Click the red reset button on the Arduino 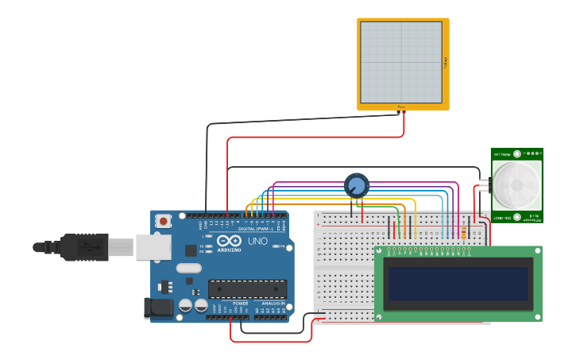pyautogui.click(x=163, y=221)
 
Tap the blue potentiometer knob pyautogui.click(x=357, y=186)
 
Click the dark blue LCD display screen pyautogui.click(x=458, y=283)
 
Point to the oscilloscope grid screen pyautogui.click(x=401, y=62)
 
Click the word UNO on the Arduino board pyautogui.click(x=257, y=241)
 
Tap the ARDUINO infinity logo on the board pyautogui.click(x=229, y=242)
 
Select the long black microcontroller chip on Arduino pyautogui.click(x=247, y=289)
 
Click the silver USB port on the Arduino pyautogui.click(x=153, y=247)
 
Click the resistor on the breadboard pyautogui.click(x=464, y=231)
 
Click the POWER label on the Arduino pyautogui.click(x=241, y=304)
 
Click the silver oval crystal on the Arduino pyautogui.click(x=189, y=269)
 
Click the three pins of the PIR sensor pyautogui.click(x=484, y=186)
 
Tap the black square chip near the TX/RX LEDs pyautogui.click(x=191, y=250)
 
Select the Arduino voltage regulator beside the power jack pyautogui.click(x=165, y=286)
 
